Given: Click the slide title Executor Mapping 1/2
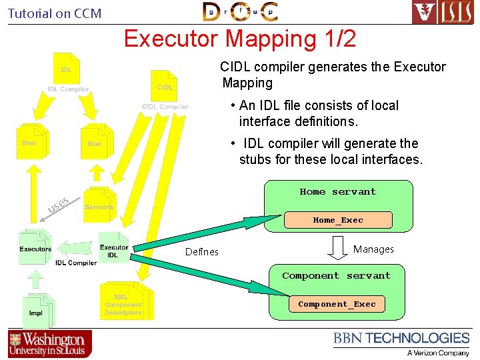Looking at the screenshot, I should pos(240,39).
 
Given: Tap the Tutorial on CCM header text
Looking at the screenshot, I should pos(55,13).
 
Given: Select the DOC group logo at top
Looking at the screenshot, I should pos(241,12).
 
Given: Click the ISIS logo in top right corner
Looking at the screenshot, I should pos(442,12).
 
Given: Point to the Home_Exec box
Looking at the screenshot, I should pos(338,220).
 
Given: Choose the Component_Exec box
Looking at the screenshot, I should pos(337,304).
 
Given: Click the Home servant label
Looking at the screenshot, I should pos(337,192).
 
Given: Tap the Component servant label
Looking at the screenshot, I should pos(336,275).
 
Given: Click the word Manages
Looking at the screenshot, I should pos(373,249).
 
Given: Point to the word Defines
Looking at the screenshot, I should pos(201,251).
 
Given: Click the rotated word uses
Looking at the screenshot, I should pos(59,206).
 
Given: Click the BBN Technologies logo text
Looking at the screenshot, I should pos(401,339).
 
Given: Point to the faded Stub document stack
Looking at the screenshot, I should pos(31,141).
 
